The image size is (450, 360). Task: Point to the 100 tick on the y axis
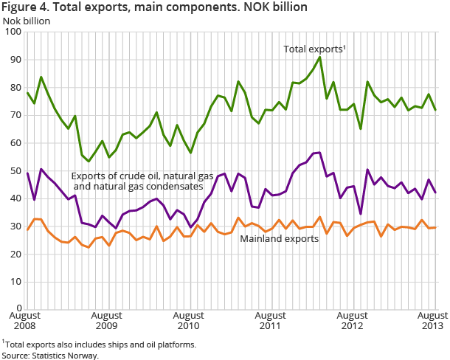tap(13, 32)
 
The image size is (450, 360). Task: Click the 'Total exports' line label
tap(315, 49)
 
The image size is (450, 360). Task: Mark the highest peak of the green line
tap(319, 57)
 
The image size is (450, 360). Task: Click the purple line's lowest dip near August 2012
tap(361, 214)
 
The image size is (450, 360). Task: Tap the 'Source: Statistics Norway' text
tap(50, 355)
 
